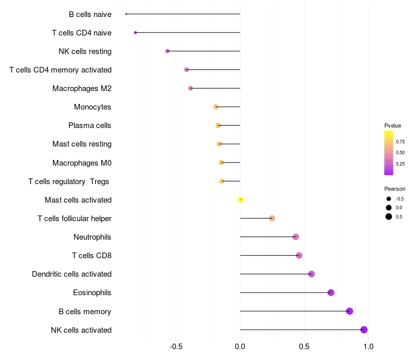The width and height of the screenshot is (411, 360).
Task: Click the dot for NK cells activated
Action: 364,330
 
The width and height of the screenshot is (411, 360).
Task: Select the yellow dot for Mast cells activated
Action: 240,200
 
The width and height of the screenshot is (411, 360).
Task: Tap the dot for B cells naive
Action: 126,14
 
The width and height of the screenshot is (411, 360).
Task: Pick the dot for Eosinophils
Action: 331,293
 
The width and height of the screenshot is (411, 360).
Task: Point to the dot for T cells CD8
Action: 299,256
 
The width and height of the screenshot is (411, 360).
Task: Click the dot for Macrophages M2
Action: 191,88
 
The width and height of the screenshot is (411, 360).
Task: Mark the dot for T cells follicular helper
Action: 272,219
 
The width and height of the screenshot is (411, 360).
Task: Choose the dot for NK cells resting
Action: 167,51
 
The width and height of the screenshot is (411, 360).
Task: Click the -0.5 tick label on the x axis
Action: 176,347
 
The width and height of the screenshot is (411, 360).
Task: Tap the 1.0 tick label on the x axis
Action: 368,347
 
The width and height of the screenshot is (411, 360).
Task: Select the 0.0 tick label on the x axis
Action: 240,347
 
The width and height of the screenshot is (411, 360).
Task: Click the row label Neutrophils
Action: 92,237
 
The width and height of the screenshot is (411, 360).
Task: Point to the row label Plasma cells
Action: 90,125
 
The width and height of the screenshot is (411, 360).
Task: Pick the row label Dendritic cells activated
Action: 72,274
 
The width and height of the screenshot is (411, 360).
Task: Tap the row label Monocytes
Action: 92,107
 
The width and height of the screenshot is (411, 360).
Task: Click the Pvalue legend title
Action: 393,125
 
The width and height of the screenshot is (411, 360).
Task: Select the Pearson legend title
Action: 395,189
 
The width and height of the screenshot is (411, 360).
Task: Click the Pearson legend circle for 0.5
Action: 389,217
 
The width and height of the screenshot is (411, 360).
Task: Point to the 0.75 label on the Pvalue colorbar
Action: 400,142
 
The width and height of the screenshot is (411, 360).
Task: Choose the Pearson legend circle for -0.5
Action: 389,199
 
